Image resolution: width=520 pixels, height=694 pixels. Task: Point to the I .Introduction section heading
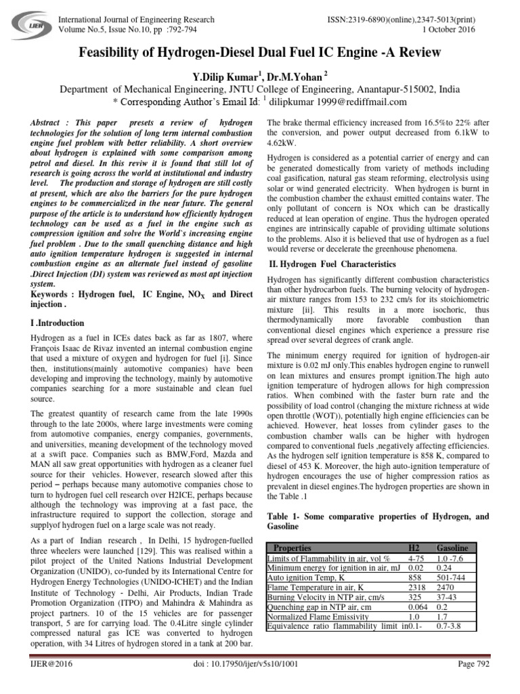(58, 323)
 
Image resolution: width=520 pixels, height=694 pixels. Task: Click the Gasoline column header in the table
(452, 548)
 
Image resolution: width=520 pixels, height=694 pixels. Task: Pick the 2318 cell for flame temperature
(417, 587)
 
